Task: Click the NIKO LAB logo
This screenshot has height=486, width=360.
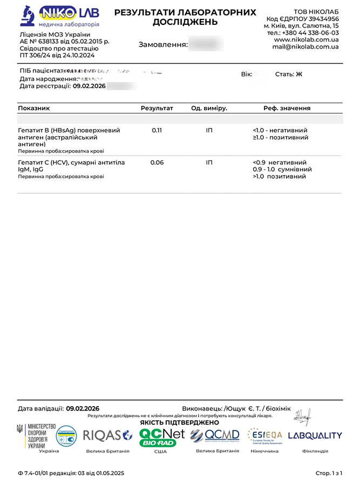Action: (59, 17)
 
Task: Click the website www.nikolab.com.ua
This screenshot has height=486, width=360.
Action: (306, 40)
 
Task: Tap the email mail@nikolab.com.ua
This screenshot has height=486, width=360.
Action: (305, 47)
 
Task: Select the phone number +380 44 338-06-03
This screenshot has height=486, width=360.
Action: (310, 33)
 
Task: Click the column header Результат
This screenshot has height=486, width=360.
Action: (157, 109)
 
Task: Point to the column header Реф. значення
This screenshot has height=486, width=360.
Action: (287, 109)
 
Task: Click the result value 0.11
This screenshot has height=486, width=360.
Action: (157, 131)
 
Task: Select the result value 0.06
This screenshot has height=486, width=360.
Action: (157, 163)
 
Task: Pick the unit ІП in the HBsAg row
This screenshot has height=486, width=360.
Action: (209, 131)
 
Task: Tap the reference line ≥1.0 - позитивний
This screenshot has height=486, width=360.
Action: (280, 138)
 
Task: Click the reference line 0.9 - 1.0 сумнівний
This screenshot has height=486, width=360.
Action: (283, 170)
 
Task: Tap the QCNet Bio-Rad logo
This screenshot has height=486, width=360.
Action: (161, 436)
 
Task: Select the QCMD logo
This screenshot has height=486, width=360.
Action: (214, 435)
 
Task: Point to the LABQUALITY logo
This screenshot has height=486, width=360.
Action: (315, 436)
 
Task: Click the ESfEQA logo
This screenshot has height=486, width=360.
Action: (264, 436)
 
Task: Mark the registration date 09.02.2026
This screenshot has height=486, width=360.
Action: (90, 86)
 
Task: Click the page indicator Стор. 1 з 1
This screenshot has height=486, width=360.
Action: (329, 474)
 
